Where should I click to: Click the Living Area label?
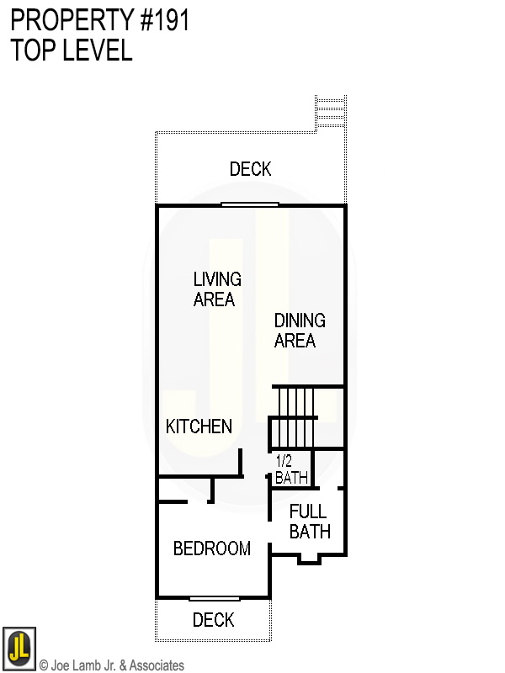pos(217,289)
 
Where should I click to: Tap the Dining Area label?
pos(300,331)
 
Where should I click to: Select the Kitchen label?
pos(199,427)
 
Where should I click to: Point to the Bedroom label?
pos(212,548)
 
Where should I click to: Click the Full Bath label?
pos(309,522)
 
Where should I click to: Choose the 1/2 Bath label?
pos(291,470)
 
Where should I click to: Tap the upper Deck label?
pos(251,169)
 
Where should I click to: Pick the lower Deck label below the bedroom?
pos(213,620)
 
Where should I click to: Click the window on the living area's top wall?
pos(250,204)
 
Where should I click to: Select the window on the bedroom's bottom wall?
pos(214,598)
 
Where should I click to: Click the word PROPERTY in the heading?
pos(66,20)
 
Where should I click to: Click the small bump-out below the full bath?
pos(310,559)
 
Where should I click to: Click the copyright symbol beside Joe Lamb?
pos(44,665)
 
